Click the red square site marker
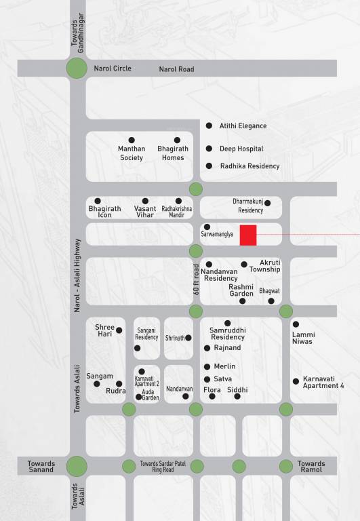[248, 234]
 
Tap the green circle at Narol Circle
[76, 68]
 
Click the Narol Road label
[176, 69]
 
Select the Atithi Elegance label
[243, 126]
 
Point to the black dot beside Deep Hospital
[209, 149]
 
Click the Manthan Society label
[132, 153]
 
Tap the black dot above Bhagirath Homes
[177, 140]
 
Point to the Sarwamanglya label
[217, 234]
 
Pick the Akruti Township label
[264, 265]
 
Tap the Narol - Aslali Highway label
[77, 274]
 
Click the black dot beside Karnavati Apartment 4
[296, 381]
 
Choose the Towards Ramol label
[311, 467]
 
